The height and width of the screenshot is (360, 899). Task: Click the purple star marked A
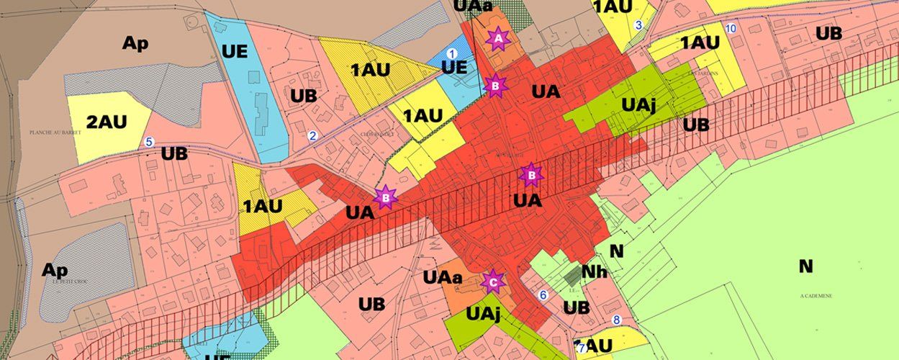[x=497, y=39]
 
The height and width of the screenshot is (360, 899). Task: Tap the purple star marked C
[x=493, y=282]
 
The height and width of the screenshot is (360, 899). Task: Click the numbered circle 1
[x=451, y=53]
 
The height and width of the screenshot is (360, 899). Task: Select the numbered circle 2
[x=312, y=135]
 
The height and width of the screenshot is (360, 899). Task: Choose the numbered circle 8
[x=615, y=320]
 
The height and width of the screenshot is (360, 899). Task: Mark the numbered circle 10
[x=731, y=28]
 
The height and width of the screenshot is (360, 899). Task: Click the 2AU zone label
[x=106, y=122]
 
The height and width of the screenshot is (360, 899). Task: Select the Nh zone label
[x=594, y=272]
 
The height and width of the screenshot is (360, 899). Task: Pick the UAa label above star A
[x=473, y=6]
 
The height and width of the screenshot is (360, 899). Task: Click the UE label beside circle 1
[x=453, y=68]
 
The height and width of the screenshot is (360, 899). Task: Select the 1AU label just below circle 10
[x=700, y=42]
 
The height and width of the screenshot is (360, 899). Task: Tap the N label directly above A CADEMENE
[x=805, y=266]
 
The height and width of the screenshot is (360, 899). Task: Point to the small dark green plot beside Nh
[x=572, y=274]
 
